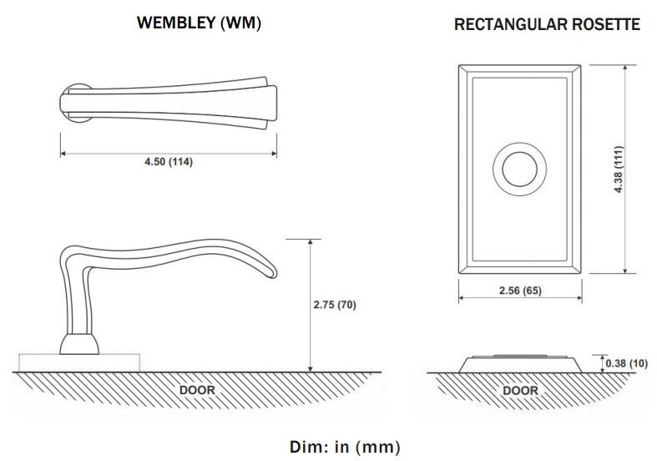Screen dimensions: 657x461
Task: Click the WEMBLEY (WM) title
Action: click(x=199, y=23)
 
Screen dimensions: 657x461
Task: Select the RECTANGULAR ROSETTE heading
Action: click(x=547, y=24)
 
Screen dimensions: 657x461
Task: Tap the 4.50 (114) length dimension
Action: click(x=169, y=162)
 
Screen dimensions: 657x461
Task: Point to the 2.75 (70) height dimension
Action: click(x=335, y=305)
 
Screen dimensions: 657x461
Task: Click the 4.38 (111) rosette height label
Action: click(x=619, y=170)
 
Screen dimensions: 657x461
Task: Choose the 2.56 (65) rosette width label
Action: click(x=520, y=291)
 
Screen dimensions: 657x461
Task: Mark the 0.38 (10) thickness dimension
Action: click(x=627, y=363)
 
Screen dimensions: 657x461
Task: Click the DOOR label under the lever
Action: click(x=197, y=390)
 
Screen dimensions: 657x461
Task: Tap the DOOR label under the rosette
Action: click(x=520, y=391)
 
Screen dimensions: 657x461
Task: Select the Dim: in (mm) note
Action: click(x=345, y=447)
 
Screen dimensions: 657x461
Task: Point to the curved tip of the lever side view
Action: click(x=271, y=272)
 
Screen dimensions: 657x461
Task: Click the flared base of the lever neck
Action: click(x=79, y=344)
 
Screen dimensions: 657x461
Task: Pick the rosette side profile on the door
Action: click(x=520, y=364)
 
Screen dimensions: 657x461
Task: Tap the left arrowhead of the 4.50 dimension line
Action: click(x=63, y=154)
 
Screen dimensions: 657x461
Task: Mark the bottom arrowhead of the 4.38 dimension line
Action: click(x=624, y=271)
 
